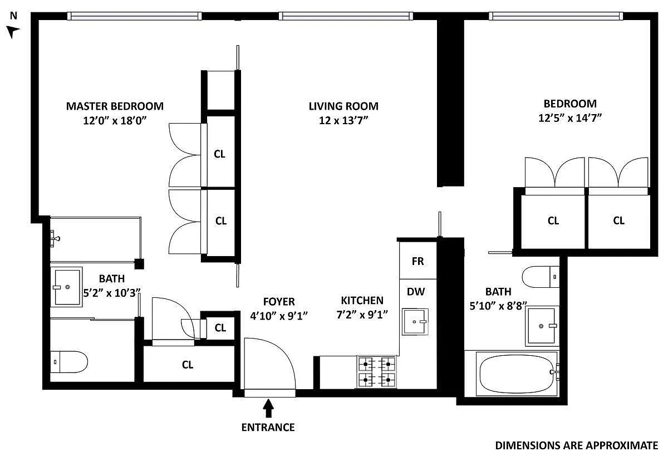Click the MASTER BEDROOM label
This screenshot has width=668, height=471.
(115, 106)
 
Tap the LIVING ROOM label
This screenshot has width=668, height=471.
(343, 106)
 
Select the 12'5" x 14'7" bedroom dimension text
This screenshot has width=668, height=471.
(570, 118)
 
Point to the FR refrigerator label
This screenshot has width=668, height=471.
(417, 261)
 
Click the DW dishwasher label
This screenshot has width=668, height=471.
(416, 292)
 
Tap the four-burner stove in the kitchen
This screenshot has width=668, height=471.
(377, 372)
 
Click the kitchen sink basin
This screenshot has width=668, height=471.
(415, 322)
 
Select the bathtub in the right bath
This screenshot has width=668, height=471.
(517, 374)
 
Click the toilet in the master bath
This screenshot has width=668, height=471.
(69, 362)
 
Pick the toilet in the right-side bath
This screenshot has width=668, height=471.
(541, 277)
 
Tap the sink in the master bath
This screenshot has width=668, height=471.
(66, 287)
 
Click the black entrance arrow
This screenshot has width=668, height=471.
(269, 408)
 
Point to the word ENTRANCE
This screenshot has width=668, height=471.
(268, 428)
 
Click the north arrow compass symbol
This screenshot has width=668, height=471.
(12, 32)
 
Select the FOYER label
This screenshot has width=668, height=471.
(279, 302)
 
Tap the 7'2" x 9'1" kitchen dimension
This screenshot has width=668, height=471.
(362, 315)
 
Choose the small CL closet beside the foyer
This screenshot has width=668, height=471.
(220, 328)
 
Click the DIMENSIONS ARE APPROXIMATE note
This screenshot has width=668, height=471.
(577, 445)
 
